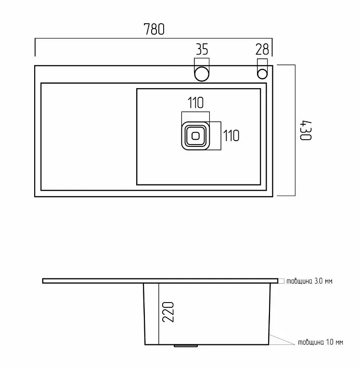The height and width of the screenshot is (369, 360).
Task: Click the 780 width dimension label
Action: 154,29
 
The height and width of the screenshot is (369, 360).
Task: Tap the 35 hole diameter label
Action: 202,50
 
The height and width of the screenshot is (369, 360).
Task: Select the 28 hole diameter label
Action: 262,50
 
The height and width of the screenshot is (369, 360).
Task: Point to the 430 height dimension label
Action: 306,131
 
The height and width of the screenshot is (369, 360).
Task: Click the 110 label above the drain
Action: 195,103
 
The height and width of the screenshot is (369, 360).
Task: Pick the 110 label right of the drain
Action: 231,136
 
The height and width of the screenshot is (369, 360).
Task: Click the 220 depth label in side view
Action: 168,312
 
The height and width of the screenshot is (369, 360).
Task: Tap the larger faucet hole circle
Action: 202,74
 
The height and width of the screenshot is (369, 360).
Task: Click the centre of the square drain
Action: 195,136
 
